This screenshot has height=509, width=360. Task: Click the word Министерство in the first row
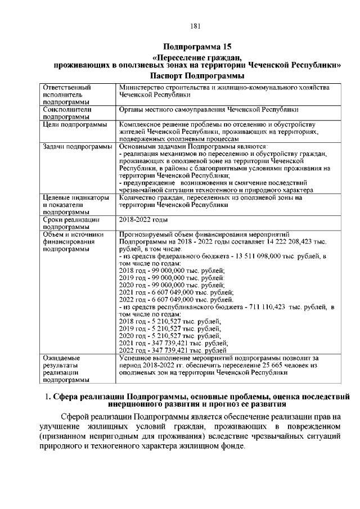pyautogui.click(x=141, y=88)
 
